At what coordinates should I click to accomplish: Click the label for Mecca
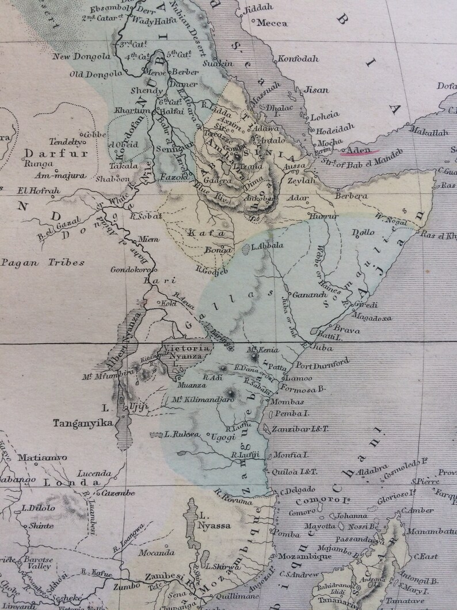coord(272,24)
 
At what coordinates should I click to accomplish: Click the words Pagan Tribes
coord(43,263)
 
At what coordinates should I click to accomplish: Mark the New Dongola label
coord(81,56)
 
